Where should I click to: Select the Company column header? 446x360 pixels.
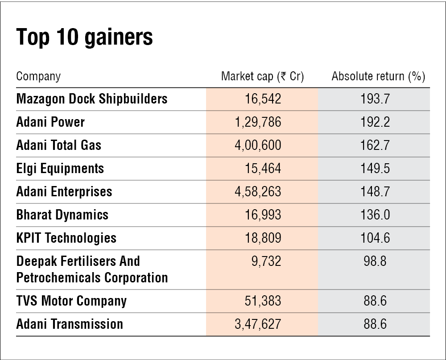click(38, 76)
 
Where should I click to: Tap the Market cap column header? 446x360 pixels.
click(262, 76)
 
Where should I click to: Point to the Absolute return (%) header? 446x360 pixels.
click(378, 76)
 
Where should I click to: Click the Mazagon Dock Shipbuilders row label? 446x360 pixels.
click(92, 99)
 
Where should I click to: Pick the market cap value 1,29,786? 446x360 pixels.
click(258, 122)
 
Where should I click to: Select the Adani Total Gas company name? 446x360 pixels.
click(59, 145)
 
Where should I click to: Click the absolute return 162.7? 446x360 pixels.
click(375, 145)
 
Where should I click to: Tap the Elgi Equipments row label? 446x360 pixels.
click(60, 168)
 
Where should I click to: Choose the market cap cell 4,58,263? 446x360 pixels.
click(258, 191)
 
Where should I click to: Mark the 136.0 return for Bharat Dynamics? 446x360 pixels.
click(375, 215)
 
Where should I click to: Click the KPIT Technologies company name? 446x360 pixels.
click(66, 238)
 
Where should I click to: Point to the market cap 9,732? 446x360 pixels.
click(266, 261)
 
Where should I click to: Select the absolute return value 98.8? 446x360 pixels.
click(375, 261)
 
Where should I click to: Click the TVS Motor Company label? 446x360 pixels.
click(71, 301)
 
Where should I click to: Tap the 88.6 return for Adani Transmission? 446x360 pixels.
click(375, 324)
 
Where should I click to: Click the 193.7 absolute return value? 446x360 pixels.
click(375, 99)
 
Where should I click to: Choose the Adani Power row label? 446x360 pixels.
click(50, 122)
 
